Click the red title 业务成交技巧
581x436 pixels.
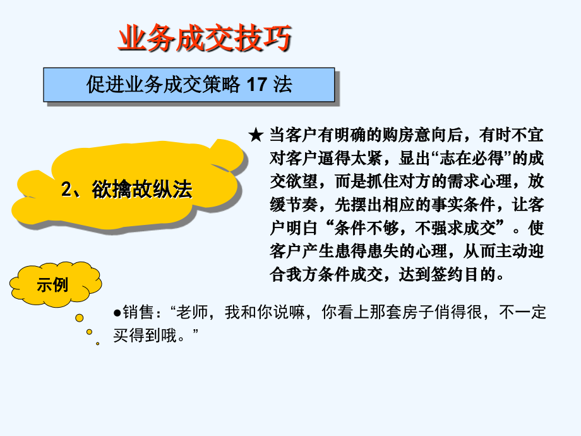(205, 39)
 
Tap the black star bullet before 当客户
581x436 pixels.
(255, 135)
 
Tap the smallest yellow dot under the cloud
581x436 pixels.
(97, 343)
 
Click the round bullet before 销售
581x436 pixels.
(117, 312)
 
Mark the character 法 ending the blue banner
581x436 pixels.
(283, 85)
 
